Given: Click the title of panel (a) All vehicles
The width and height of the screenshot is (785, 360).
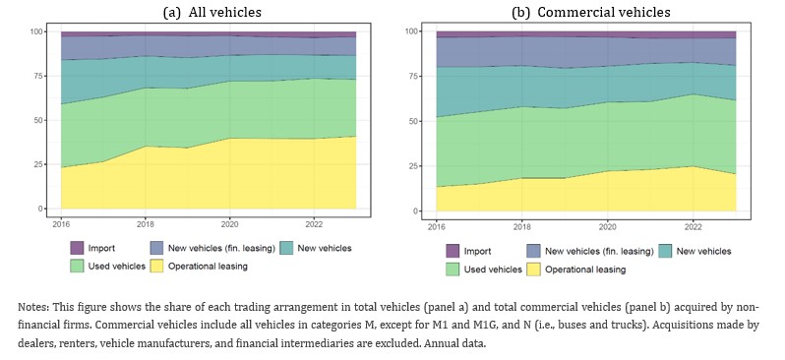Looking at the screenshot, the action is click(x=212, y=12).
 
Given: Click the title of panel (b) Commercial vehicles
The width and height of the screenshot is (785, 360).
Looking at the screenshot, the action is click(x=591, y=12).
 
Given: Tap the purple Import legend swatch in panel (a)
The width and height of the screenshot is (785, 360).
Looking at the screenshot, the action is click(x=77, y=248).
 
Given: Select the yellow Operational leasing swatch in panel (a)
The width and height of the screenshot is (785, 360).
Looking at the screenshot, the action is click(x=156, y=267).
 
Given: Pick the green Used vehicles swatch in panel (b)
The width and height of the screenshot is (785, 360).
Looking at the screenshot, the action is click(x=453, y=270).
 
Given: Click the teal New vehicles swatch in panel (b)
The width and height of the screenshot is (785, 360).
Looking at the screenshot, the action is click(x=664, y=251).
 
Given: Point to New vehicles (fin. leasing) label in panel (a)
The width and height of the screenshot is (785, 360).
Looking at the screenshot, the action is click(x=221, y=248).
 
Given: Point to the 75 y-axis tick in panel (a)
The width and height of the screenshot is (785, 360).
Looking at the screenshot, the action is click(x=37, y=76).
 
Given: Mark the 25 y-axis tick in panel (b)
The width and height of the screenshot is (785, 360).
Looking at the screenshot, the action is click(x=413, y=165).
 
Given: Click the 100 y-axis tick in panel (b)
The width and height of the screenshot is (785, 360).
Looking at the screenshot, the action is click(x=411, y=31).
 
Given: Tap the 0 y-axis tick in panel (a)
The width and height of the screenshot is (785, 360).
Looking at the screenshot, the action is click(x=40, y=209).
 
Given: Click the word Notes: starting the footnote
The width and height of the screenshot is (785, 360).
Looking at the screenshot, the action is click(x=33, y=307).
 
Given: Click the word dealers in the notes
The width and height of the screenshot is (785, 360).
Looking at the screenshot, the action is click(x=33, y=344).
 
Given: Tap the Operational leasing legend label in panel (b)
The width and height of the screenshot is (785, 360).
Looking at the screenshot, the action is click(x=585, y=270).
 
